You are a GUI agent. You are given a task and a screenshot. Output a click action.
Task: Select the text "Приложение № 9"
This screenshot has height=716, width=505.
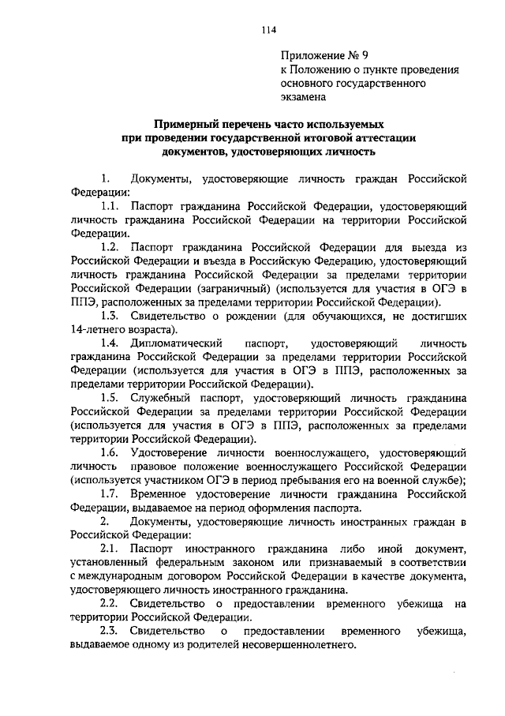tap(324, 54)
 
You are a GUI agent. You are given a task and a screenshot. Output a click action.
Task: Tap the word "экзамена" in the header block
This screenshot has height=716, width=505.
tap(303, 96)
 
